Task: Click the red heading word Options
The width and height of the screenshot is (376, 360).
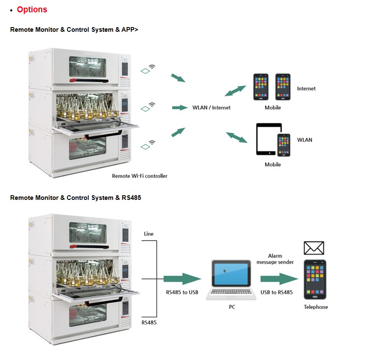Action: click(x=32, y=9)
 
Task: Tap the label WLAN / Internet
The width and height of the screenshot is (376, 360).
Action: click(x=211, y=108)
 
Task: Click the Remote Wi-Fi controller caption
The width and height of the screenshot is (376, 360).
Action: click(x=139, y=176)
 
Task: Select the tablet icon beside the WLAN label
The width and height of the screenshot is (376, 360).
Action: click(x=268, y=139)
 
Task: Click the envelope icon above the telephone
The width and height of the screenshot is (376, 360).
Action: click(x=314, y=248)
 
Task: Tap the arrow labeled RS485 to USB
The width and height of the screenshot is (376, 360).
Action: click(x=182, y=279)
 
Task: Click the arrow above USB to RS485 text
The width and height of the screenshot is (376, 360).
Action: click(x=279, y=279)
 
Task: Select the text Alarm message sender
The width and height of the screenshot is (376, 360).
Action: click(x=275, y=259)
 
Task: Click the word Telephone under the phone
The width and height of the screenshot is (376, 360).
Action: click(x=315, y=307)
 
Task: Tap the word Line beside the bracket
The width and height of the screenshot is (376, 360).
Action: click(x=149, y=234)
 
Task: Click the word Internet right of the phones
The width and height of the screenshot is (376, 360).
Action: click(x=306, y=89)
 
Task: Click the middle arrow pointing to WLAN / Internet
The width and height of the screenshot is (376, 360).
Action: click(x=180, y=108)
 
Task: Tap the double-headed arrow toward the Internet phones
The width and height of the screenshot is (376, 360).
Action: click(x=235, y=91)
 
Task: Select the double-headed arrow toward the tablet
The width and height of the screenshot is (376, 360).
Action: click(x=237, y=137)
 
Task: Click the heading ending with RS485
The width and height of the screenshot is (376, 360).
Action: click(x=75, y=198)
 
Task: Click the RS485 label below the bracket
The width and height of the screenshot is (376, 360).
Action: click(x=149, y=322)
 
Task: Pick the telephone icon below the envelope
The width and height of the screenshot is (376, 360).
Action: click(x=315, y=279)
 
